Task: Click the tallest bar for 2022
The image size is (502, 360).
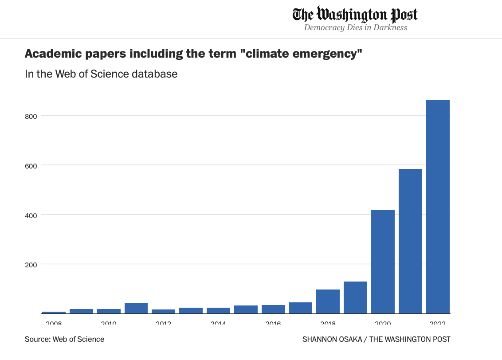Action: click(438, 206)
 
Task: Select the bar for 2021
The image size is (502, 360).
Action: click(410, 241)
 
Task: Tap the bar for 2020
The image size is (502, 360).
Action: click(383, 262)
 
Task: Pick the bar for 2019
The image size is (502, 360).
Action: click(355, 297)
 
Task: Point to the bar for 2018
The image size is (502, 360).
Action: click(328, 301)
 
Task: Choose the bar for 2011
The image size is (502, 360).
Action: click(136, 308)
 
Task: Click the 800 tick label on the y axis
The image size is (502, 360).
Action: click(30, 115)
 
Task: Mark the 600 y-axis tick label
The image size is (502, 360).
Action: click(30, 165)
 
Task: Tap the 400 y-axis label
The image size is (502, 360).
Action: click(30, 215)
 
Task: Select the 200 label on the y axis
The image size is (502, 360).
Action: click(30, 264)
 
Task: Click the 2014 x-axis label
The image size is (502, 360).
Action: click(218, 322)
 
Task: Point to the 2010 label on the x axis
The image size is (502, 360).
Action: click(109, 322)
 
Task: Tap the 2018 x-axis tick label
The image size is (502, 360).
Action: click(328, 322)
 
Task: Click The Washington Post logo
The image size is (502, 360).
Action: click(355, 15)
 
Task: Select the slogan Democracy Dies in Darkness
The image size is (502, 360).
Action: click(355, 28)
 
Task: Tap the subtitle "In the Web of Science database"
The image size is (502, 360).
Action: click(101, 74)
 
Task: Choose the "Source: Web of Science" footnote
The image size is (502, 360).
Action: click(65, 339)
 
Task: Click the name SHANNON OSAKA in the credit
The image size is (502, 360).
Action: click(332, 339)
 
